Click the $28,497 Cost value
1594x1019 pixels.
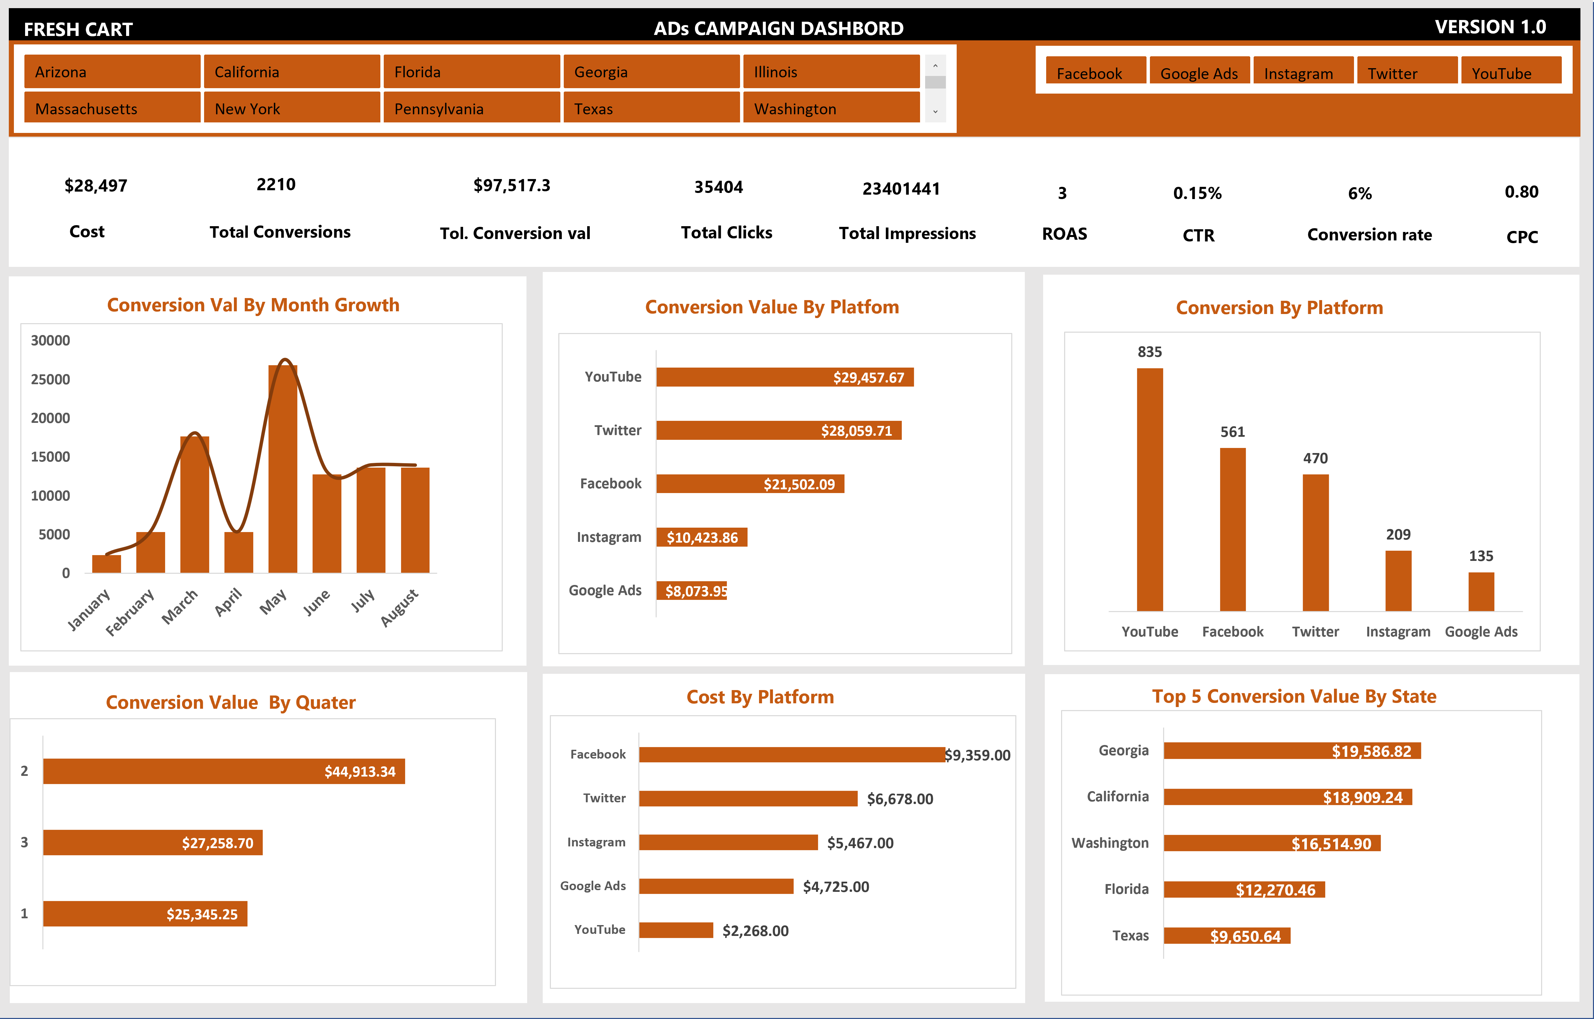96,185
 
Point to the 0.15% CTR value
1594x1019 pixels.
1197,193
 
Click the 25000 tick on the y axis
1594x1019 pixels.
50,379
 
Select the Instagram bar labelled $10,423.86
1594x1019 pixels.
702,537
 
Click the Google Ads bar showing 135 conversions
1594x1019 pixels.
1481,591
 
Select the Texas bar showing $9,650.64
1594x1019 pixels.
1227,936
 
